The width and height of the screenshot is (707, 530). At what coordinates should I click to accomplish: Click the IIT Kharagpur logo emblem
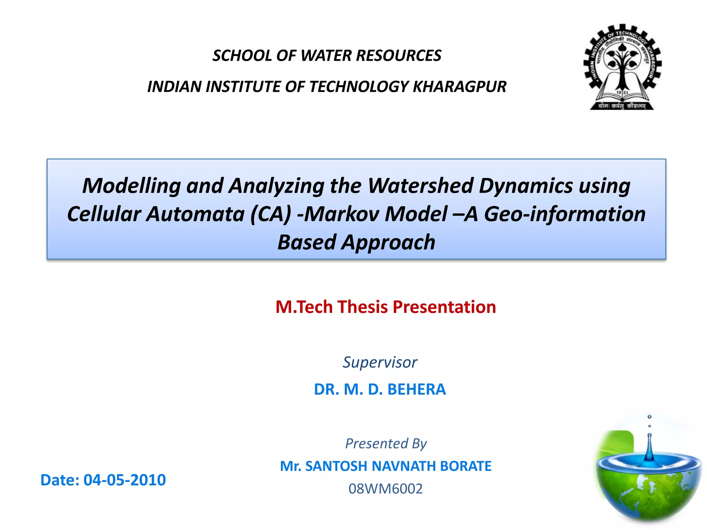(x=622, y=67)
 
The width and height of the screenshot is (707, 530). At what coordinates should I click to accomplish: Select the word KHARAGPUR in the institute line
(x=459, y=87)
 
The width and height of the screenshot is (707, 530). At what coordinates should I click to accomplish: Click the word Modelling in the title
(x=132, y=186)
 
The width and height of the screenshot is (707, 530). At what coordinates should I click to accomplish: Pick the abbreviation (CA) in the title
(x=271, y=214)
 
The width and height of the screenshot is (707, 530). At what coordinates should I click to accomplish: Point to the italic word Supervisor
(x=380, y=362)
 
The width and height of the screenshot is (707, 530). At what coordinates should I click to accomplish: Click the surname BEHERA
(x=416, y=390)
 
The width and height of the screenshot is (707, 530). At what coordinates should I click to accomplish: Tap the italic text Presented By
(x=386, y=443)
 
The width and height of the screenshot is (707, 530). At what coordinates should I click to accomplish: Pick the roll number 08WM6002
(x=385, y=489)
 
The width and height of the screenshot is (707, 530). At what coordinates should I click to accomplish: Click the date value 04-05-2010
(x=125, y=480)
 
